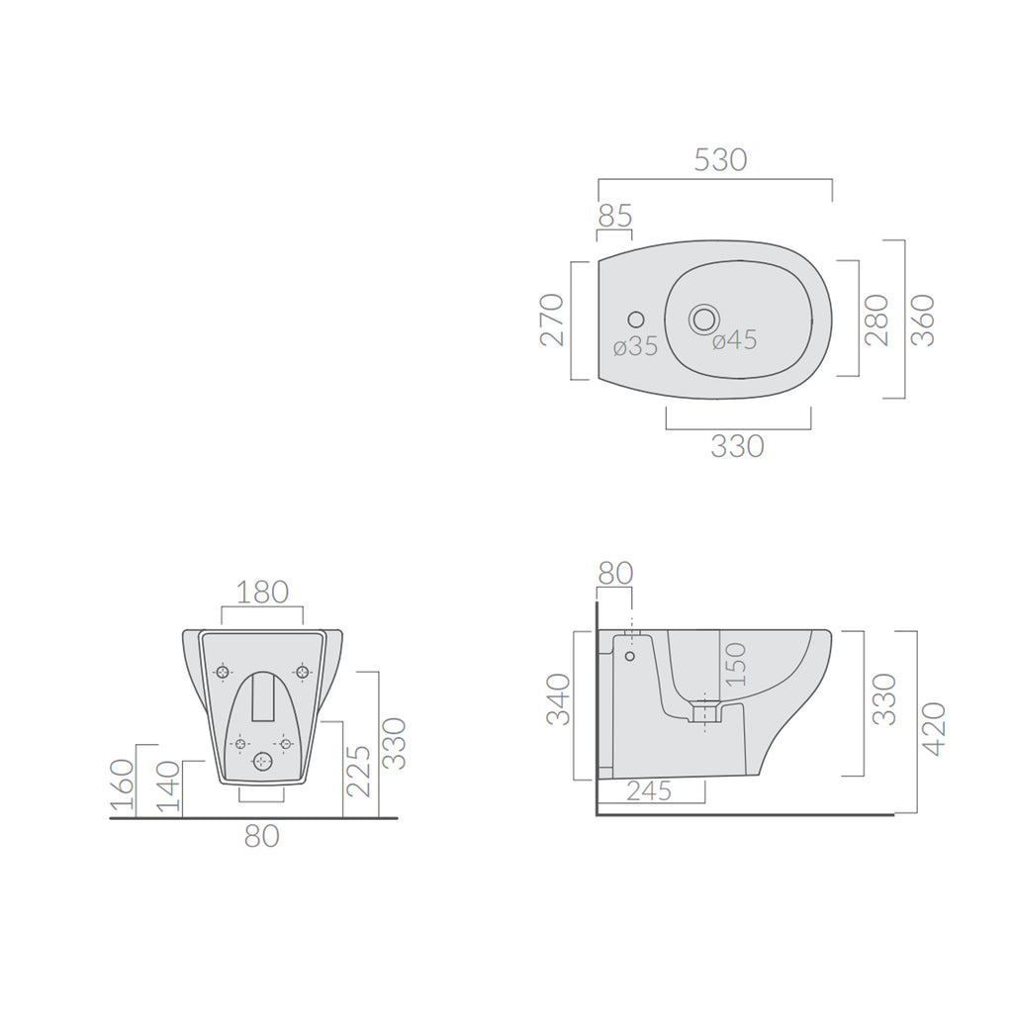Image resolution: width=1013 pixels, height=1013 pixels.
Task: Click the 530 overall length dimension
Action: click(719, 159)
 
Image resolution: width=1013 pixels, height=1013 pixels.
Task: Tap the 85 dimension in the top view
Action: click(614, 216)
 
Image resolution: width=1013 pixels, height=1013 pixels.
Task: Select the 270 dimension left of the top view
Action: click(553, 319)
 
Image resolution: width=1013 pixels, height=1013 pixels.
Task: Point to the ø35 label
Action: click(635, 346)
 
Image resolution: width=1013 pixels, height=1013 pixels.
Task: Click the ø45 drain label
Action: click(734, 340)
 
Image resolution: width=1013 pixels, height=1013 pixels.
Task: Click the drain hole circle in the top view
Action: click(704, 319)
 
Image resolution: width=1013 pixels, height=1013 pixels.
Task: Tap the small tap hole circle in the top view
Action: click(635, 320)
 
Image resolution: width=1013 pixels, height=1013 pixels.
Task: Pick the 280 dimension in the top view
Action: click(877, 319)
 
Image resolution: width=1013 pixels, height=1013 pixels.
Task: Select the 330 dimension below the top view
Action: click(738, 446)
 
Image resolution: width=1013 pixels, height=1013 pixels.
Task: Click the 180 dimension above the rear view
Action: click(262, 593)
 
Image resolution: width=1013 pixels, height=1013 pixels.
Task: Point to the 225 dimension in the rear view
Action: click(358, 772)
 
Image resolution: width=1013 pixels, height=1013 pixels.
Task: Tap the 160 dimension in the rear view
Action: click(122, 783)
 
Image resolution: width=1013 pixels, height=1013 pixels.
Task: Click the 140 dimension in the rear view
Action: click(170, 788)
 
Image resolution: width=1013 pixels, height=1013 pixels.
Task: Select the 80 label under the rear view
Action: click(262, 836)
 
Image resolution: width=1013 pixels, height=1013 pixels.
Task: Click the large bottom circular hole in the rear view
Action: click(262, 761)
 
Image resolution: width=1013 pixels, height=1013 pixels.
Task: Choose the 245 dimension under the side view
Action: click(649, 790)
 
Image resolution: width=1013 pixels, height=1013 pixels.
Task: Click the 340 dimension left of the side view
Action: click(559, 698)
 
